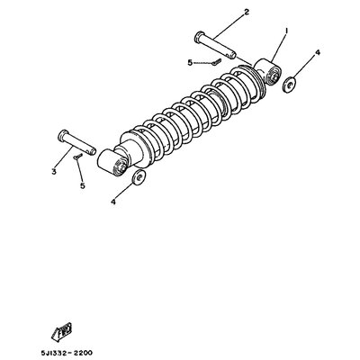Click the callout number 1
286,31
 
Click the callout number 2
247,12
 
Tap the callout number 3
54,172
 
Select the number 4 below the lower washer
113,202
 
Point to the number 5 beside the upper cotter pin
190,63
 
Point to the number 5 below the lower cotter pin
83,185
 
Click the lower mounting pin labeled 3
76,142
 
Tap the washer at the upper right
290,85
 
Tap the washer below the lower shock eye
139,177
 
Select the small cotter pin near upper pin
216,61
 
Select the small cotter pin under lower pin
78,156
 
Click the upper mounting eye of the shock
268,72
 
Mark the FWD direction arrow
61,331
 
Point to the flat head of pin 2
199,36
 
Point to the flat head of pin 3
63,135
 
